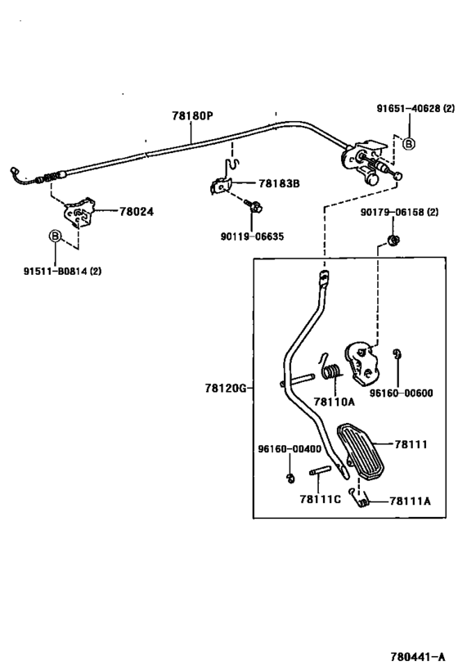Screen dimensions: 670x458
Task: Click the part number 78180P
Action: (x=192, y=117)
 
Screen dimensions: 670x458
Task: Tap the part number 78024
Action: (x=137, y=211)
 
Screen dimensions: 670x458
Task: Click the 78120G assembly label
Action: (x=225, y=389)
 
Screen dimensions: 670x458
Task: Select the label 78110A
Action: (x=333, y=402)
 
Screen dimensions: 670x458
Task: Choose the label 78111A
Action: (x=411, y=500)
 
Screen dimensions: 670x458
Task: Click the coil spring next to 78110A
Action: (x=331, y=371)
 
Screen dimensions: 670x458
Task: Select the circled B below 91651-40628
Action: (x=409, y=144)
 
